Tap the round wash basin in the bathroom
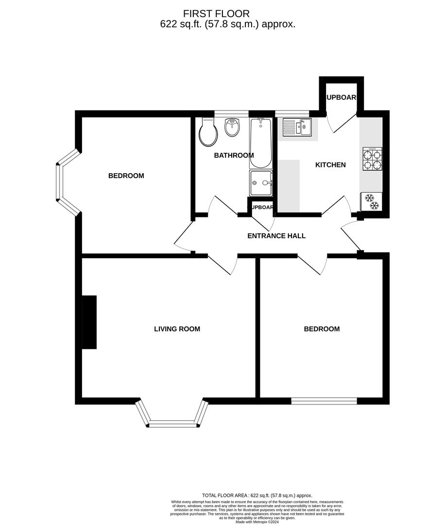232,128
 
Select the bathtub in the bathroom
261,143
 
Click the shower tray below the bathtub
261,183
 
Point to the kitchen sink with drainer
297,128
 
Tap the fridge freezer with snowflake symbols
372,202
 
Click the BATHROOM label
234,156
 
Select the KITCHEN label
330,165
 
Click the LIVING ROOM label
177,329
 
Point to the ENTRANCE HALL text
276,236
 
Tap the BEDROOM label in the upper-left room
126,176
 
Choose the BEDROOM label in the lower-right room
322,329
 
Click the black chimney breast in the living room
89,322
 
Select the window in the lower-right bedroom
324,401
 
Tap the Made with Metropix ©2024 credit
257,522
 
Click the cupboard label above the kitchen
341,98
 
